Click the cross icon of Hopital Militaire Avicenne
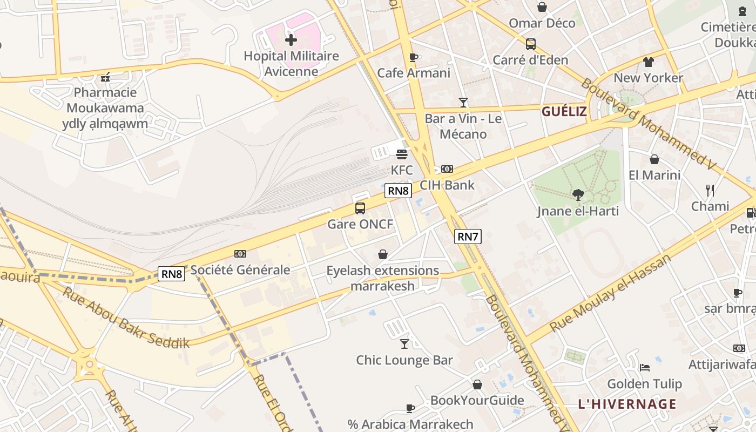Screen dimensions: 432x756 click(291, 40)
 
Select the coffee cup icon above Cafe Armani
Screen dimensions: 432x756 click(414, 57)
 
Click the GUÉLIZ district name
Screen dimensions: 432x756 click(564, 112)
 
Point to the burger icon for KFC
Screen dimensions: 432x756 click(401, 154)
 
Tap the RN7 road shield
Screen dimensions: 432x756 click(468, 237)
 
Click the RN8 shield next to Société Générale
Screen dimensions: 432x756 click(172, 274)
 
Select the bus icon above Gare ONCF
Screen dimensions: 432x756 click(360, 208)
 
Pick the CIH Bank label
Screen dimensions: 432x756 click(447, 185)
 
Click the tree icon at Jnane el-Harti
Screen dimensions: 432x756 click(578, 195)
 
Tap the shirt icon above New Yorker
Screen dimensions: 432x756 click(648, 62)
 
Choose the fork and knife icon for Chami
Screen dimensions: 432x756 click(710, 191)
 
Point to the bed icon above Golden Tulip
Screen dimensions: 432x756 click(645, 368)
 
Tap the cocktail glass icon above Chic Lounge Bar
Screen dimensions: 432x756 click(404, 344)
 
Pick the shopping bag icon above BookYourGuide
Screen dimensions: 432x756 click(477, 384)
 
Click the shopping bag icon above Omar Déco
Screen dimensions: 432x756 click(542, 7)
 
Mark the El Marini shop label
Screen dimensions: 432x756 click(654, 175)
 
